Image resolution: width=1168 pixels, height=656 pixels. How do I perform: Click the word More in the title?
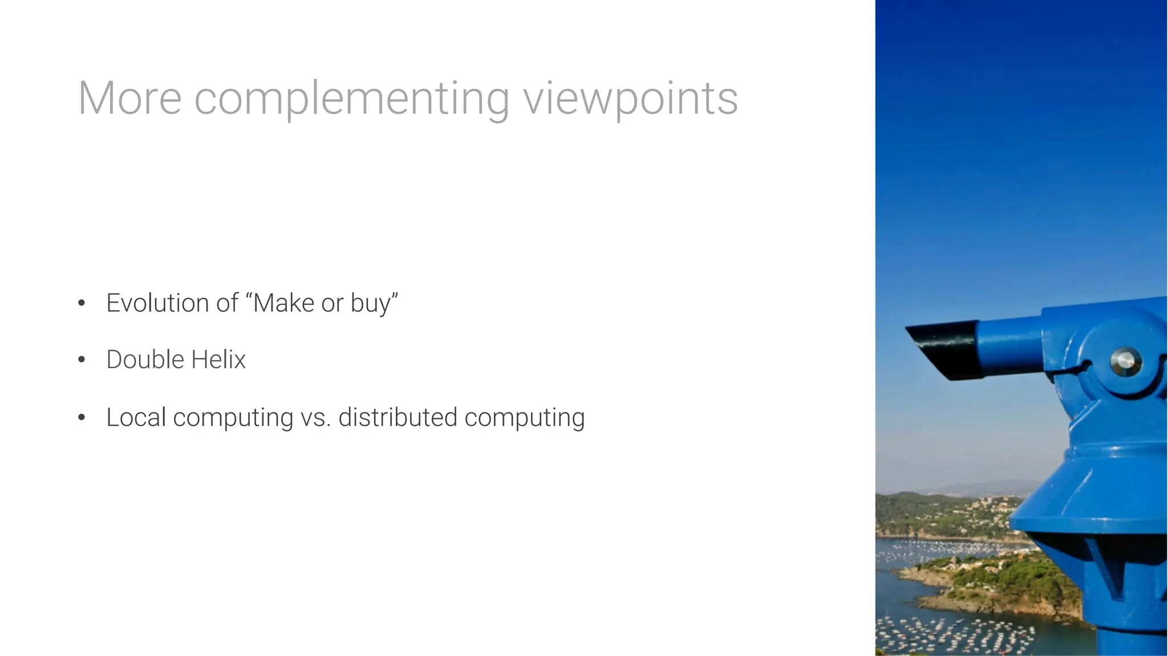129,99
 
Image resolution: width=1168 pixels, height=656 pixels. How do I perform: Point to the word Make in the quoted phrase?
283,303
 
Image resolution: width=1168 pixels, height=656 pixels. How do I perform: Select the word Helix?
218,360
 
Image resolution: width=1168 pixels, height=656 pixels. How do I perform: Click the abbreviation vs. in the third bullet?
315,417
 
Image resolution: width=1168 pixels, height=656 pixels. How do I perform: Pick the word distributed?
398,417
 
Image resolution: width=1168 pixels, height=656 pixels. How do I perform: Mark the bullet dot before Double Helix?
82,360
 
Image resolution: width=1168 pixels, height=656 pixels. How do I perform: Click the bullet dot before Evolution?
82,303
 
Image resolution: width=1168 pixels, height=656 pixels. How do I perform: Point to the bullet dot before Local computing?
82,418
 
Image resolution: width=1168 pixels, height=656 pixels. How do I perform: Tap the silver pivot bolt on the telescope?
1125,361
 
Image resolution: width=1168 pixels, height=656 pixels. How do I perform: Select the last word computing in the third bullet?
524,418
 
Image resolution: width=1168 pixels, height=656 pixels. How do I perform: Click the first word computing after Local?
233,418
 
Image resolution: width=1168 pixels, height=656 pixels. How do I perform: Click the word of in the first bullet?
227,303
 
